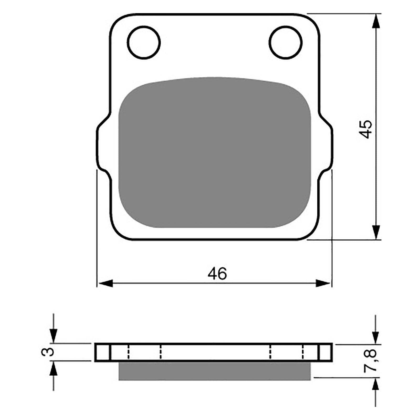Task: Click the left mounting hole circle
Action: [144, 42]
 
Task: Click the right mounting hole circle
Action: [286, 42]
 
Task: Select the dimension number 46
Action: [217, 274]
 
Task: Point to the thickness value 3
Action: [48, 351]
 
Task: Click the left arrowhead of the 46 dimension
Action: [105, 283]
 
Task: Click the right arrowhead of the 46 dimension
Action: [323, 283]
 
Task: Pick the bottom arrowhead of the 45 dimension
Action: [376, 232]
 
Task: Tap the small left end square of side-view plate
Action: [102, 352]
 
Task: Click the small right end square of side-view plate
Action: [325, 352]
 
